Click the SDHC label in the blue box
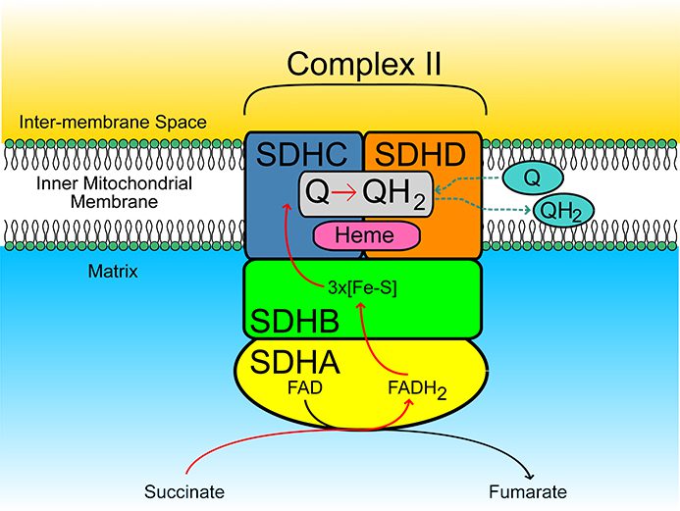[x=303, y=154]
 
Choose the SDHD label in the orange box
[x=423, y=154]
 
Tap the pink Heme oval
[x=365, y=235]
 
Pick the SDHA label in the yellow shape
[x=294, y=362]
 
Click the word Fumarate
[x=527, y=491]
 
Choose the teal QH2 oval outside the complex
[x=559, y=209]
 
